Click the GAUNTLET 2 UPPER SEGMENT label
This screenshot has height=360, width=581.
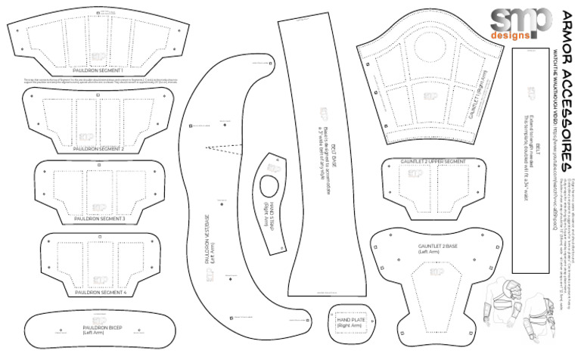pyautogui.click(x=433, y=162)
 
